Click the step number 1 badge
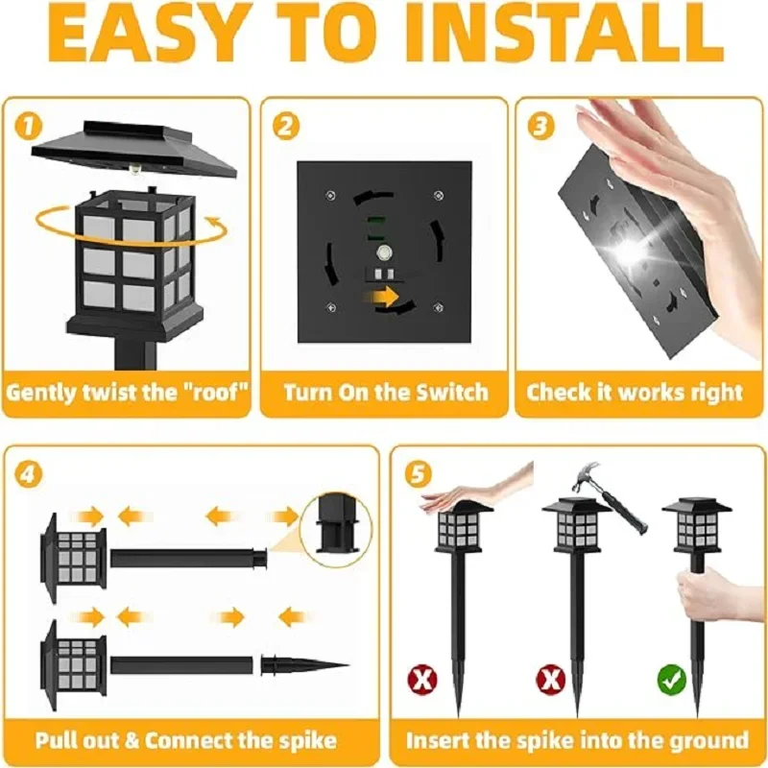[x=28, y=124]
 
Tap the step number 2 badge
[x=284, y=125]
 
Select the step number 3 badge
[x=540, y=125]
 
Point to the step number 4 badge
[x=30, y=473]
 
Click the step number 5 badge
[x=414, y=473]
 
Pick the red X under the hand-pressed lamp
[x=423, y=681]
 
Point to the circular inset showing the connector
[x=335, y=527]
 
